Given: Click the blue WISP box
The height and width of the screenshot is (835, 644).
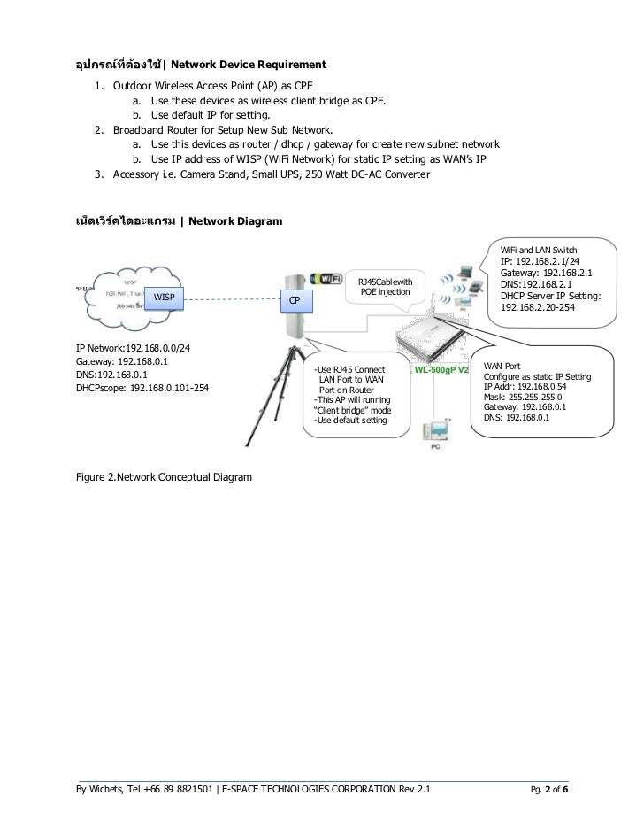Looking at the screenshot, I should [164, 297].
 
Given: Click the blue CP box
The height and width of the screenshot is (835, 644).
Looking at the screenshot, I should [296, 302].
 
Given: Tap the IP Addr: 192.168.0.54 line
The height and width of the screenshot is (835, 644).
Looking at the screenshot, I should [525, 387].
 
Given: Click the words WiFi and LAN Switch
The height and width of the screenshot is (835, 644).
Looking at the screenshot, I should [538, 251].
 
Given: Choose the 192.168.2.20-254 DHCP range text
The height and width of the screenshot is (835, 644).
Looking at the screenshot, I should [537, 307].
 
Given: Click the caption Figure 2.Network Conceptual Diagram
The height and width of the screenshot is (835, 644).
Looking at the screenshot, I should [164, 477].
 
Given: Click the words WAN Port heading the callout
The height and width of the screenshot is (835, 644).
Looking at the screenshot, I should [502, 366].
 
